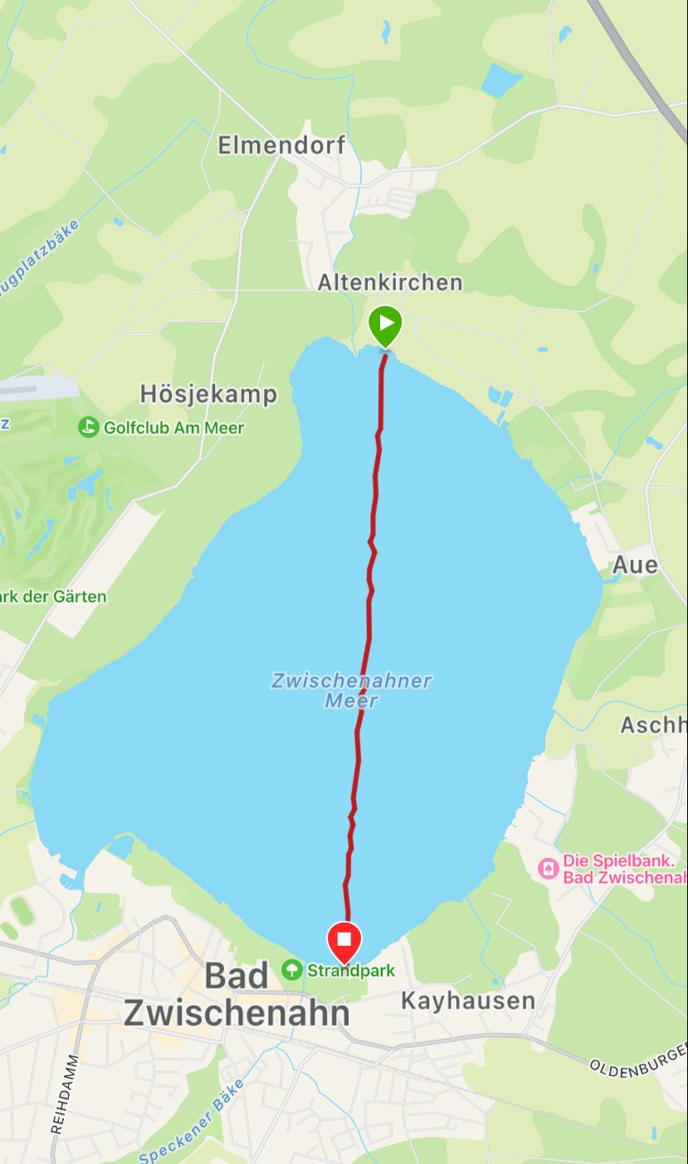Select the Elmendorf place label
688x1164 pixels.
point(281,146)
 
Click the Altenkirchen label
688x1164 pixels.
point(390,283)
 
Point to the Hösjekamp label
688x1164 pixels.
point(208,393)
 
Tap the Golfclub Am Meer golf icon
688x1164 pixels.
point(89,427)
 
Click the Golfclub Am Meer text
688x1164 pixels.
point(174,428)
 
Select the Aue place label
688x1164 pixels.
point(635,566)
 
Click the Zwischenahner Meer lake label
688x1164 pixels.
point(351,690)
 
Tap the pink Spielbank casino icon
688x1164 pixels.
point(548,869)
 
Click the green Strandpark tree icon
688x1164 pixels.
point(291,969)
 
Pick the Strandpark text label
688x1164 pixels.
point(350,970)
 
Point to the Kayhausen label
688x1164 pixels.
point(468,1001)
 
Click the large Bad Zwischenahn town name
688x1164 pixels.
point(237,994)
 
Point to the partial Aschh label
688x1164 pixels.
point(653,725)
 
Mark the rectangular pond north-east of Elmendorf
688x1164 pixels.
point(501,80)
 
